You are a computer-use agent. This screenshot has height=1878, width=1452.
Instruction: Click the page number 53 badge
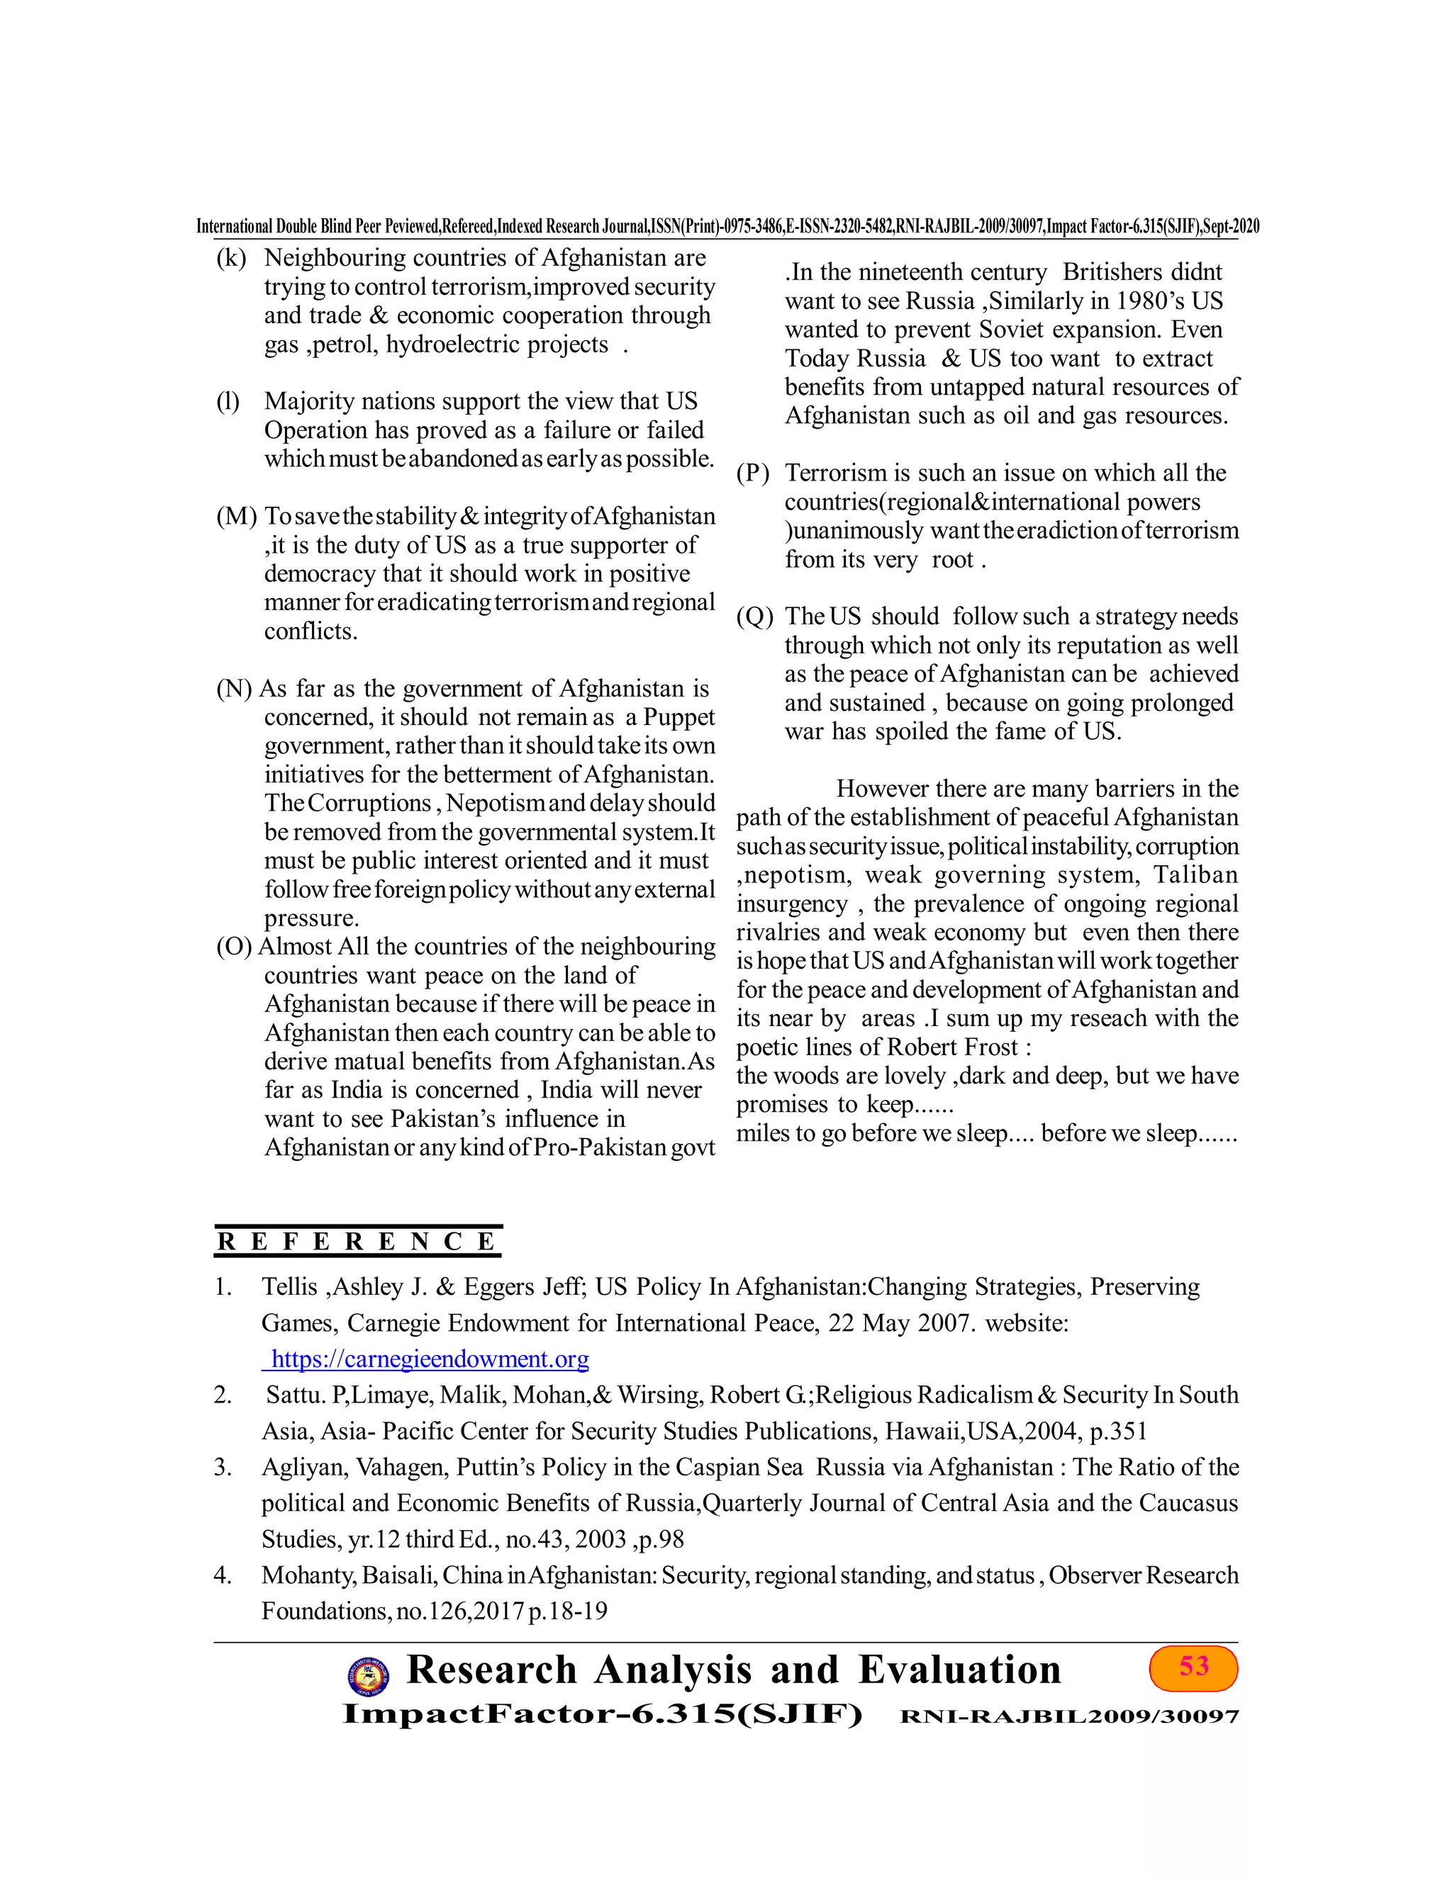coord(1193,1668)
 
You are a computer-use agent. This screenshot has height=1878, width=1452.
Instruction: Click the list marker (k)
coord(230,258)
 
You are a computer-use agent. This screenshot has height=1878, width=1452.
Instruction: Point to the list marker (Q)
coord(754,617)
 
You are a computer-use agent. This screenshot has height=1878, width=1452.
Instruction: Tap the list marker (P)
coord(753,474)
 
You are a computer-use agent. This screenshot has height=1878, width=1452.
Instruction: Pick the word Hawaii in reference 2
coord(921,1431)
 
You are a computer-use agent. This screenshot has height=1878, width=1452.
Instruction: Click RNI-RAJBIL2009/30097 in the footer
coord(1068,1716)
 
